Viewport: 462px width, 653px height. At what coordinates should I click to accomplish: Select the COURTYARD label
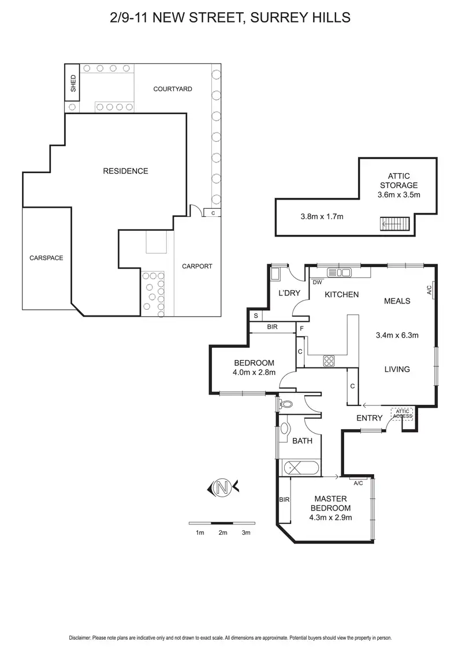[172, 89]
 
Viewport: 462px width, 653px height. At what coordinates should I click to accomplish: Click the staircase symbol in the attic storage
[394, 224]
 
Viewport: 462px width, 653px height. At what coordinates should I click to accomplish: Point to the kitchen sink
[339, 272]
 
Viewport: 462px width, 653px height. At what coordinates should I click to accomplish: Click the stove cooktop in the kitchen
[329, 361]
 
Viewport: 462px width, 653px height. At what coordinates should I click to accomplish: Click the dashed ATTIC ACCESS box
[403, 413]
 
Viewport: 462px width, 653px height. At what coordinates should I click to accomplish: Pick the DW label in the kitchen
[316, 283]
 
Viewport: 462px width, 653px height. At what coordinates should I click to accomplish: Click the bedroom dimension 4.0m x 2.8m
[254, 372]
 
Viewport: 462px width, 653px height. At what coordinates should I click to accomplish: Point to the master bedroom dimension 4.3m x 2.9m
[330, 517]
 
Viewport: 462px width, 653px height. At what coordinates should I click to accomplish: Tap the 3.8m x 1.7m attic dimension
[322, 217]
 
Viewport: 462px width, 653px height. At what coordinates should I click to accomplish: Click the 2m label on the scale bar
[222, 532]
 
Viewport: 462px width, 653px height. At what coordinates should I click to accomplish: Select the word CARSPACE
[46, 258]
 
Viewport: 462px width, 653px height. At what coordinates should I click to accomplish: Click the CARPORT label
[197, 266]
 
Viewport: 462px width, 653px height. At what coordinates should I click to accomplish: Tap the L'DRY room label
[290, 293]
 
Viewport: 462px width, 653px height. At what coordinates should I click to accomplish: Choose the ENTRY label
[369, 418]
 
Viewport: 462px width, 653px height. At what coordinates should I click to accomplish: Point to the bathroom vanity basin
[285, 429]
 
